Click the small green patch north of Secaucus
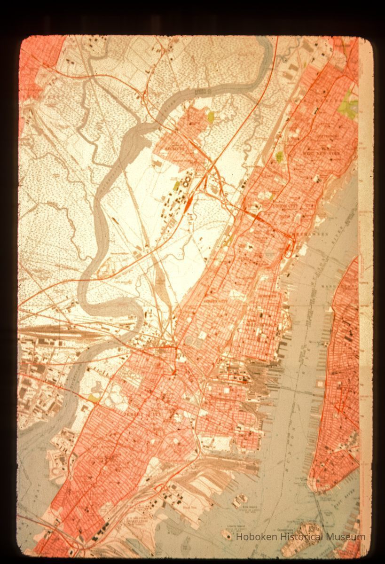211,115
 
